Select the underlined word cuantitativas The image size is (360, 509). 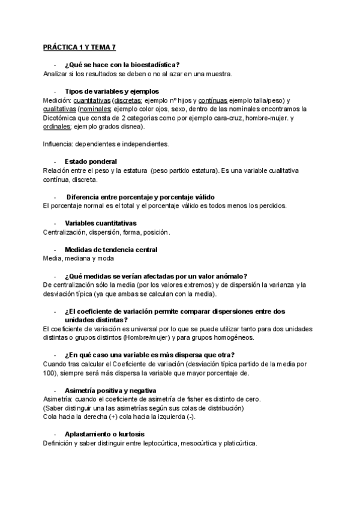[88, 100]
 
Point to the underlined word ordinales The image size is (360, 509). [57, 127]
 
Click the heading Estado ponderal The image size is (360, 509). [90, 162]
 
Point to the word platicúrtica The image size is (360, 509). [237, 444]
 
